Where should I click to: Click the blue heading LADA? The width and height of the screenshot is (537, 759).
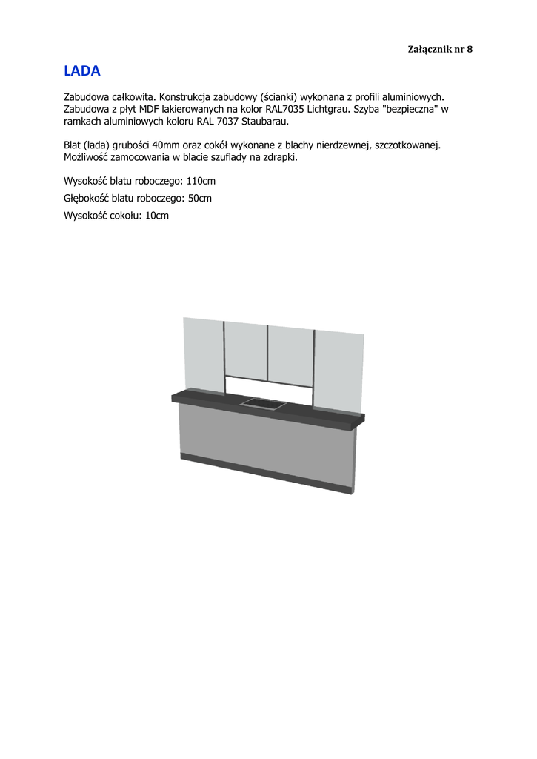pyautogui.click(x=81, y=71)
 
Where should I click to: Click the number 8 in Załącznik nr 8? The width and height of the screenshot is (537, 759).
pyautogui.click(x=469, y=49)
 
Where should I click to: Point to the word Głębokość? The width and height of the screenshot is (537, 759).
pyautogui.click(x=86, y=198)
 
